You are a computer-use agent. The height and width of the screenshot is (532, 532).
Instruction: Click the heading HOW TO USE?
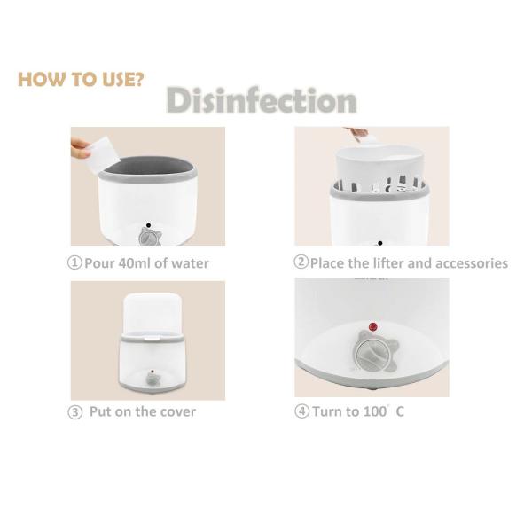click(x=81, y=80)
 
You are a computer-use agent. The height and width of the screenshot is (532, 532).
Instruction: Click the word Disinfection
click(x=262, y=100)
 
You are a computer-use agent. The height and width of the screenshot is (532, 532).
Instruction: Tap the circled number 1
click(x=74, y=263)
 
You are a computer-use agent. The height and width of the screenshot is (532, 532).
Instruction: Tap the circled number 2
click(x=301, y=262)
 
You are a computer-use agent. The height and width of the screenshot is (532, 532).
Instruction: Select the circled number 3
click(x=75, y=412)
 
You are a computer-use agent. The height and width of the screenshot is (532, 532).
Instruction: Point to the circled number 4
click(x=301, y=411)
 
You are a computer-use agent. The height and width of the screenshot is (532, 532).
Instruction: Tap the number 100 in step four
click(x=375, y=411)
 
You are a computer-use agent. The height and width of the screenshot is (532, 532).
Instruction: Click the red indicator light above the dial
click(x=373, y=327)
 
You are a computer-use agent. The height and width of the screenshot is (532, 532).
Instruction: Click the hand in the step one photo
click(x=80, y=148)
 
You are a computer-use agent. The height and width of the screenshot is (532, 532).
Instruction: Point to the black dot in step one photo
click(x=148, y=225)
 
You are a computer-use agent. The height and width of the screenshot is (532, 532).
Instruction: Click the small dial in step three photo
click(x=153, y=379)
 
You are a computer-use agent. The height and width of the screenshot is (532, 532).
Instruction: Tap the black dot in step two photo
click(x=380, y=243)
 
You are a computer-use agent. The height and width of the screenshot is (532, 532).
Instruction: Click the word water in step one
click(x=190, y=263)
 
